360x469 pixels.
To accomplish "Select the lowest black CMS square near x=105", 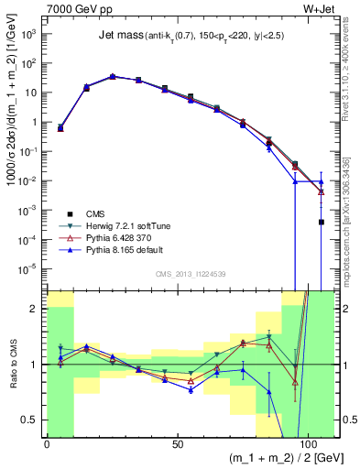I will pyautogui.click(x=321, y=222).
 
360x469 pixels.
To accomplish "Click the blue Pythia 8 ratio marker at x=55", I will pyautogui.click(x=191, y=389).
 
